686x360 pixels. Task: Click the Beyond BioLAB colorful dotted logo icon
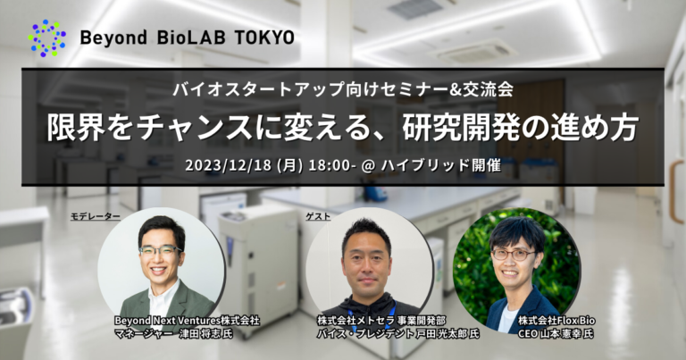click(47, 38)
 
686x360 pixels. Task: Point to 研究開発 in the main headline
click(455, 126)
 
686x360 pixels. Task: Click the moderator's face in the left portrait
click(162, 251)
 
